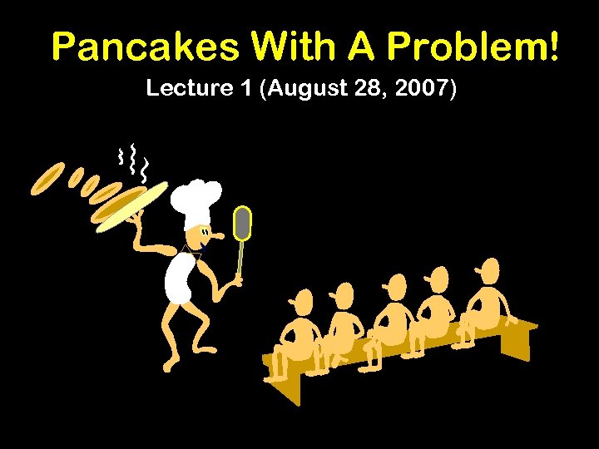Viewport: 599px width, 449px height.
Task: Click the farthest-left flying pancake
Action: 47,178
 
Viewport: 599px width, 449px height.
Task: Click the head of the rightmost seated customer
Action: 490,269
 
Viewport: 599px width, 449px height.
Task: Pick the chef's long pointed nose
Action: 217,236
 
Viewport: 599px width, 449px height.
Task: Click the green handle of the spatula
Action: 240,258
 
